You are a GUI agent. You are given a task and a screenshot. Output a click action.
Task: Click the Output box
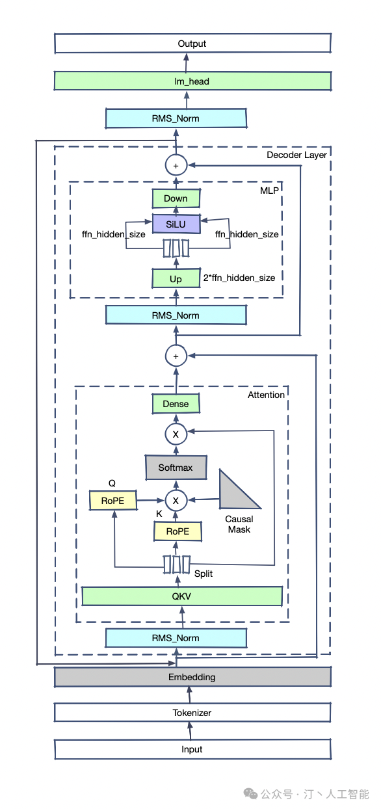point(192,44)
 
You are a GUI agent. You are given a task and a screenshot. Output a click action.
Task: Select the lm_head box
point(192,81)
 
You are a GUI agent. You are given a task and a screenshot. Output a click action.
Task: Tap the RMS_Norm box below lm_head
point(176,118)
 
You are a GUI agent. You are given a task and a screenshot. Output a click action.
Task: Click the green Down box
point(176,198)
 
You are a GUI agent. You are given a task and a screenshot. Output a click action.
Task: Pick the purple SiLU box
point(176,224)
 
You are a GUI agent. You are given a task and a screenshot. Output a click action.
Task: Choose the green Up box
point(176,278)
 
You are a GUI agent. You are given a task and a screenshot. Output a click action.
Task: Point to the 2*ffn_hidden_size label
point(239,278)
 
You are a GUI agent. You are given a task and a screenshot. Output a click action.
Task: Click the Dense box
point(176,403)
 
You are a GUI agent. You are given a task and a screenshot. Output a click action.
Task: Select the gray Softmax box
point(176,468)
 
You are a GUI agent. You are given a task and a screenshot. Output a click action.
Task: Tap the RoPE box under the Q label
point(113,500)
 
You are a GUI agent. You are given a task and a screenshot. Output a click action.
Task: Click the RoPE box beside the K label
point(177,531)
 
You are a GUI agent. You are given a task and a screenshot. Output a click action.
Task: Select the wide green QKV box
point(181,596)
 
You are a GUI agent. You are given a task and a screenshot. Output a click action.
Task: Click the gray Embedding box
point(192,677)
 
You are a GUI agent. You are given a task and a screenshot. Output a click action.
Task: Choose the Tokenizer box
point(192,712)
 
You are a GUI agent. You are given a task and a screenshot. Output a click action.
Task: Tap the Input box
point(192,749)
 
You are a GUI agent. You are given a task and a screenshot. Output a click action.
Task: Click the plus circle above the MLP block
point(176,165)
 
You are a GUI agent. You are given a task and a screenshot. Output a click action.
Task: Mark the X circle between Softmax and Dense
point(176,434)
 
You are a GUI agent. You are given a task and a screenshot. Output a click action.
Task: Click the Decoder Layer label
point(296,155)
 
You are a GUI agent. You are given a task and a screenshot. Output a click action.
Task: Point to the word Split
point(204,574)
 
